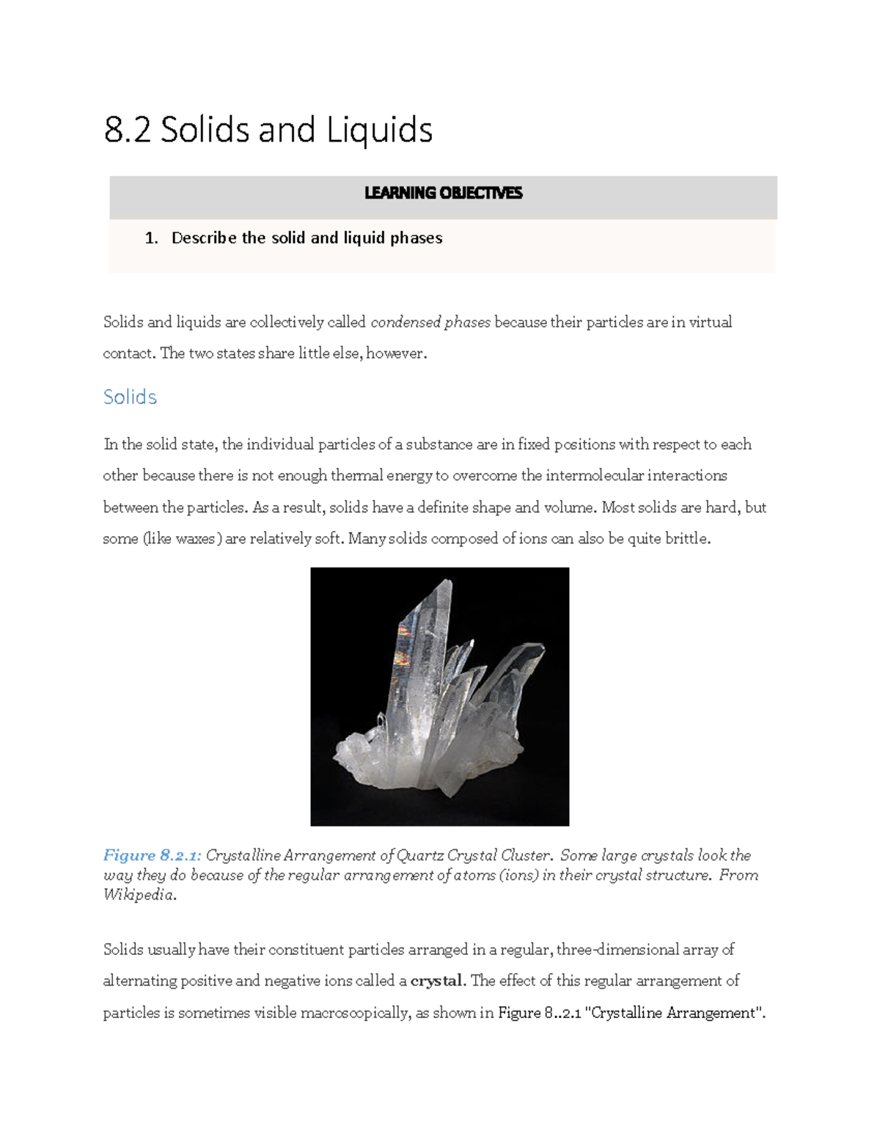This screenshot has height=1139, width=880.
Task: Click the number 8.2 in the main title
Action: [127, 130]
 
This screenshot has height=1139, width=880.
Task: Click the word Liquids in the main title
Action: [379, 130]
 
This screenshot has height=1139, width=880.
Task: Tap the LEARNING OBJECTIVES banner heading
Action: [443, 193]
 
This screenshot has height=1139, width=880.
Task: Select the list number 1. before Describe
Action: [151, 238]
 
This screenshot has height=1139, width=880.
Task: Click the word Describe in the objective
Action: [204, 238]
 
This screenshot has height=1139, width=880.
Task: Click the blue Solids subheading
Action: [130, 397]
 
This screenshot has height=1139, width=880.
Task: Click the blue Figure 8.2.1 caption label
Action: [151, 855]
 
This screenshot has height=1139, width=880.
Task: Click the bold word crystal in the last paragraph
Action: [436, 981]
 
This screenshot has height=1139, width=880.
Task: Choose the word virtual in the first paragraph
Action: [710, 322]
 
